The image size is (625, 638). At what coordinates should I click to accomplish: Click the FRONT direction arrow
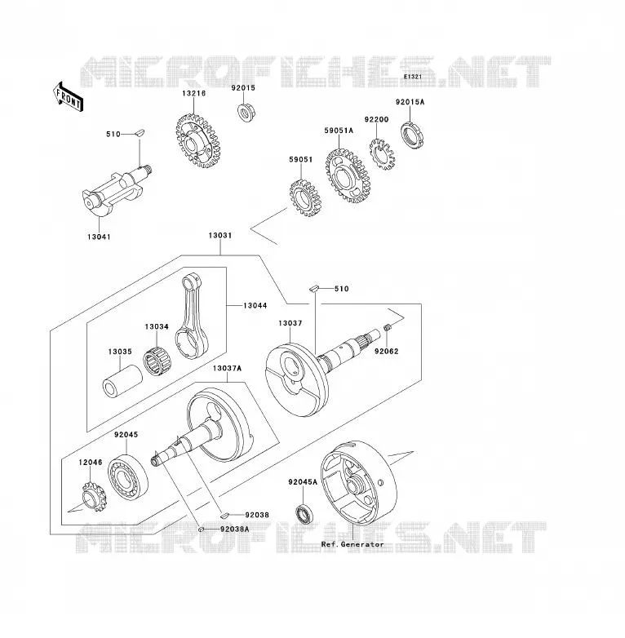69,97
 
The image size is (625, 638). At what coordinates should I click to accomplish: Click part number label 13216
193,93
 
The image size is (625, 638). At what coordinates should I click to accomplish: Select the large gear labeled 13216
198,141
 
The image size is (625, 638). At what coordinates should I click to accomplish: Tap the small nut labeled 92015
244,112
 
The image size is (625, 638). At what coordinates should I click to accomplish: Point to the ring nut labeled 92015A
412,135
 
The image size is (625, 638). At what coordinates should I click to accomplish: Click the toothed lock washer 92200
382,154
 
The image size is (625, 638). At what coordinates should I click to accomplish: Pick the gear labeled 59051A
348,175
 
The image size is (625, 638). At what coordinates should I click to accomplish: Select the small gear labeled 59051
305,197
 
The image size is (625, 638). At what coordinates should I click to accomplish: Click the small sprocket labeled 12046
94,496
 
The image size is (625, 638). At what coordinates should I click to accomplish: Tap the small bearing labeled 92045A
304,514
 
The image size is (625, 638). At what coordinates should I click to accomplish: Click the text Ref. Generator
352,544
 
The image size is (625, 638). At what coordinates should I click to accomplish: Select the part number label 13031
220,235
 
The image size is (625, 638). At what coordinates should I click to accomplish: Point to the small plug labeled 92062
388,326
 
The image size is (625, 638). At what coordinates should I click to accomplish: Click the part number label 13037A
227,368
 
